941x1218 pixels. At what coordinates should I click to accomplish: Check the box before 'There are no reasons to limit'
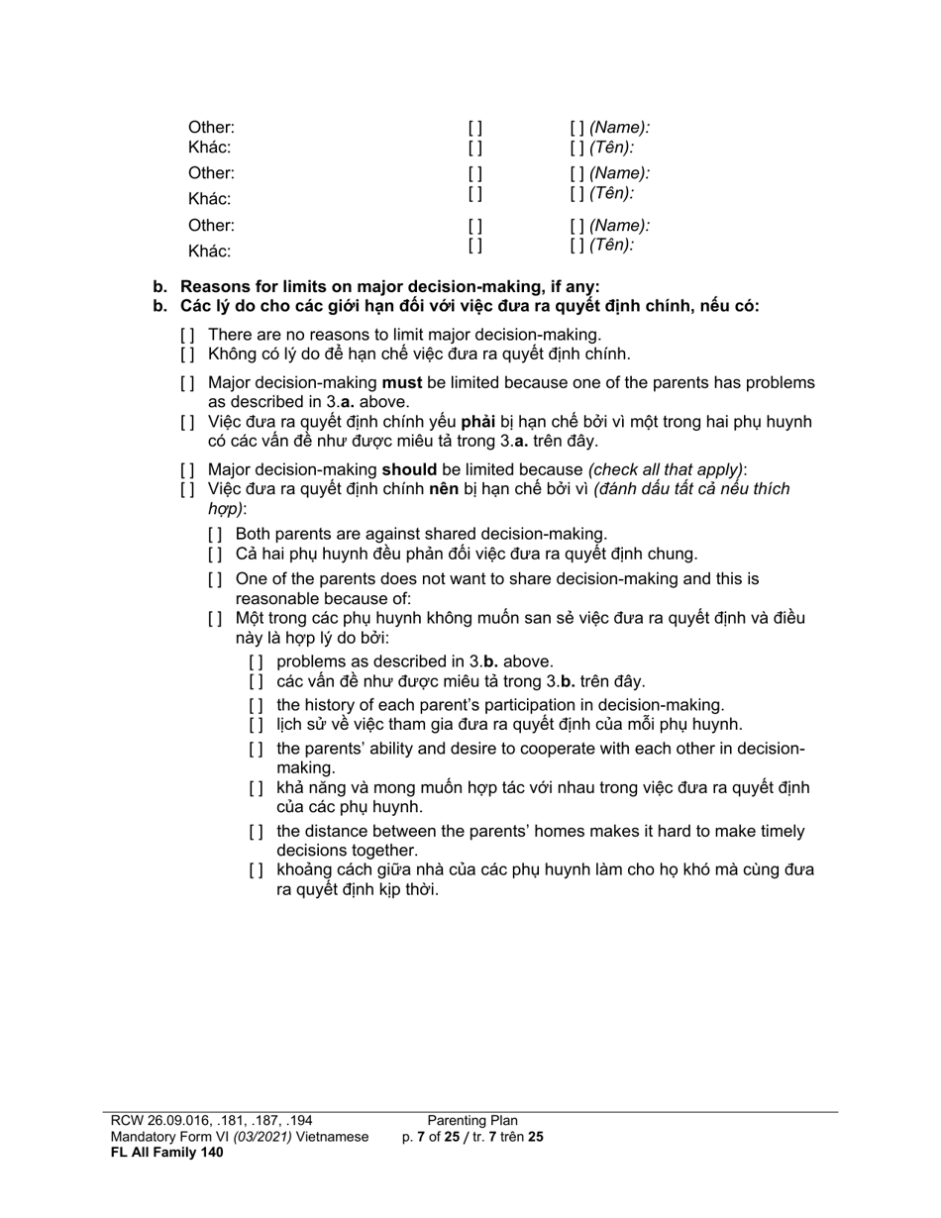click(186, 335)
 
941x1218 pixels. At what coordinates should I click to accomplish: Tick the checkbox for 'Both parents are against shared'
click(214, 535)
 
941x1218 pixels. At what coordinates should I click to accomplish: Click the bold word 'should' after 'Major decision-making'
click(409, 469)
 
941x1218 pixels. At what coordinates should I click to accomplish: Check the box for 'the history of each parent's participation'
click(256, 705)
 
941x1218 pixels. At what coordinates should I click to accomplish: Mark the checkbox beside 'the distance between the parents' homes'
click(256, 832)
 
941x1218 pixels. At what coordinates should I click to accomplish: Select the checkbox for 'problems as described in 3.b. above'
click(256, 661)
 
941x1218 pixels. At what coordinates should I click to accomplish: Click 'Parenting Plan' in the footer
click(472, 1121)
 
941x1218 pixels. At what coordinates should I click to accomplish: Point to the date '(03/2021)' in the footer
click(262, 1137)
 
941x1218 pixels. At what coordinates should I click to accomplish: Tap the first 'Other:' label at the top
click(211, 128)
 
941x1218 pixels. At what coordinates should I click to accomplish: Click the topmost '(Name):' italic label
click(620, 128)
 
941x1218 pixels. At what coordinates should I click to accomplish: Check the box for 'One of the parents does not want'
click(214, 579)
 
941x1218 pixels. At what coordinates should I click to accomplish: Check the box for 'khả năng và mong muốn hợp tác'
click(256, 788)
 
